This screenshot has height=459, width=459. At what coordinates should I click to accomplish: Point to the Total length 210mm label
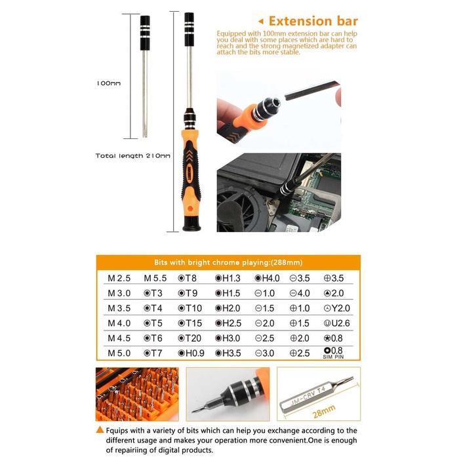(132, 155)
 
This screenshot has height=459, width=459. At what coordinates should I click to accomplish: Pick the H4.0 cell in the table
(266, 278)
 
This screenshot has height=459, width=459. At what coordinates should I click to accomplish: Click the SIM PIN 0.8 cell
(334, 352)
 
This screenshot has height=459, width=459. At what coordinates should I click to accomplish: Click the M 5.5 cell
(155, 278)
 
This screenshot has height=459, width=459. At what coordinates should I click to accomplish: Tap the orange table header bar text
(228, 260)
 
